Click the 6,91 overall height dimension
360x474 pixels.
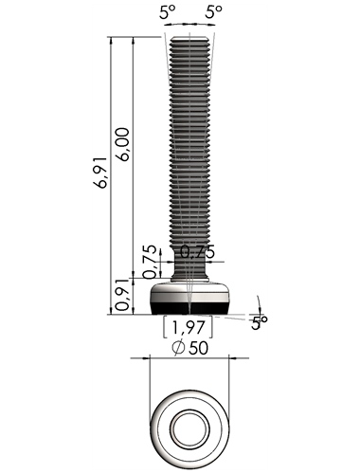click(x=102, y=173)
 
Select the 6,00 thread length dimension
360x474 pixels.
click(x=123, y=144)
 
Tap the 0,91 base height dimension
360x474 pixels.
click(x=123, y=295)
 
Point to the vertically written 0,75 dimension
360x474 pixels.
click(x=150, y=262)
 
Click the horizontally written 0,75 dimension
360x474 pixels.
click(x=197, y=252)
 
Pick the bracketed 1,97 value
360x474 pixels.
click(x=188, y=327)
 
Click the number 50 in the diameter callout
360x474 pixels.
click(x=199, y=348)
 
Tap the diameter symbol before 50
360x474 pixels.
click(x=178, y=348)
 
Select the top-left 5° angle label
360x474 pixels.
click(x=167, y=13)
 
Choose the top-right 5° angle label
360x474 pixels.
click(x=214, y=12)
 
